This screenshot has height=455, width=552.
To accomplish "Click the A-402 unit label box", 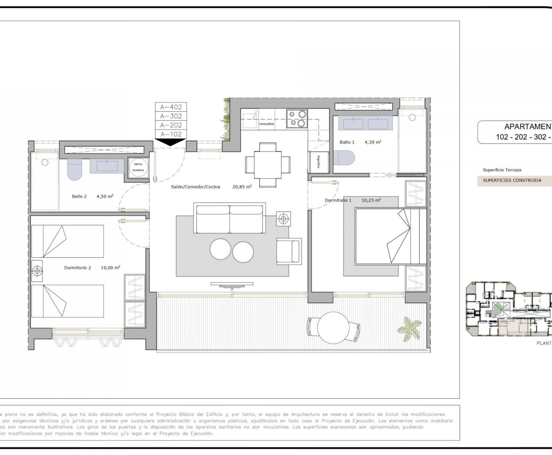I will pyautogui.click(x=171, y=107).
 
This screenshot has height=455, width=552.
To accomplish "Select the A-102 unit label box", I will pyautogui.click(x=171, y=134).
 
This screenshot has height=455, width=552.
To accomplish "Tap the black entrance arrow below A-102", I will pyautogui.click(x=170, y=142).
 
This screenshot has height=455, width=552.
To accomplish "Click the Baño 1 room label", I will pyautogui.click(x=347, y=142).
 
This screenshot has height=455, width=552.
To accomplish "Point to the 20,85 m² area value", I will pyautogui.click(x=242, y=187).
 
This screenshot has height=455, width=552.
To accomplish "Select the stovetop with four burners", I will pyautogui.click(x=297, y=119).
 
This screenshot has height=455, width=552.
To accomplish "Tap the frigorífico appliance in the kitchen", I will pyautogui.click(x=318, y=162).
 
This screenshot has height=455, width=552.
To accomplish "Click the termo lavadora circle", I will pyautogui.click(x=138, y=167).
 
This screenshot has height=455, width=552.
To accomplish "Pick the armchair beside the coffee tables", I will pyautogui.click(x=288, y=251).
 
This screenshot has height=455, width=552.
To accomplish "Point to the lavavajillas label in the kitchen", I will pyautogui.click(x=267, y=124).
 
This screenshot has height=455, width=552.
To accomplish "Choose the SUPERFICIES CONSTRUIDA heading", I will pyautogui.click(x=512, y=180).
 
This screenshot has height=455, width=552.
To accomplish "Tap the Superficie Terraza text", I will pyautogui.click(x=502, y=170).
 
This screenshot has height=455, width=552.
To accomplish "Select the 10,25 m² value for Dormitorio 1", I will pyautogui.click(x=371, y=200).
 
